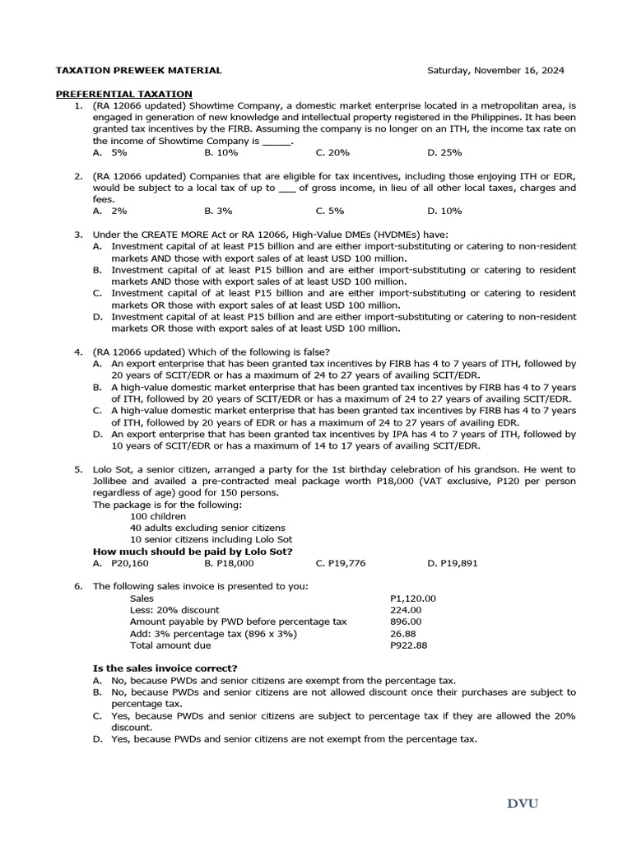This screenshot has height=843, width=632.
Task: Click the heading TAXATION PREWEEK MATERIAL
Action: (x=137, y=71)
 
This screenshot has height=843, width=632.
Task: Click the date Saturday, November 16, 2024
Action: (x=495, y=71)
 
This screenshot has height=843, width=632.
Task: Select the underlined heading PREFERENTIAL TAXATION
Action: (x=123, y=94)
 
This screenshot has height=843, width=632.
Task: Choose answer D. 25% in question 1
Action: (x=444, y=152)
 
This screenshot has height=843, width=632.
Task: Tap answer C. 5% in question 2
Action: (x=329, y=211)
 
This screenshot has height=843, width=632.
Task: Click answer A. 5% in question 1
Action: (x=109, y=152)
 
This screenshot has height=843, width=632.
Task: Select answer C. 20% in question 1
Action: (x=332, y=152)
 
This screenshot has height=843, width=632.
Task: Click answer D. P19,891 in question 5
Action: (x=452, y=563)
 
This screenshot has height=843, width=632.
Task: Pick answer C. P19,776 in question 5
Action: (x=340, y=563)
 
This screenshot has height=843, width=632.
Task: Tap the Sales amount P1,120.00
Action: (x=412, y=598)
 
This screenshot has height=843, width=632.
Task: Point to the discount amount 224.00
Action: (x=405, y=610)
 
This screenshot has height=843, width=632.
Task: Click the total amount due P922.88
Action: (x=408, y=645)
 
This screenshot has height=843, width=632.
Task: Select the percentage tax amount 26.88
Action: (x=402, y=634)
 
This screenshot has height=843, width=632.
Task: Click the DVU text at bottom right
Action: (x=523, y=803)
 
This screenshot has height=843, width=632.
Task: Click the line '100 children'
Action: (x=158, y=516)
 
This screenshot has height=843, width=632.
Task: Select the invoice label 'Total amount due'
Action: (x=170, y=645)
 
